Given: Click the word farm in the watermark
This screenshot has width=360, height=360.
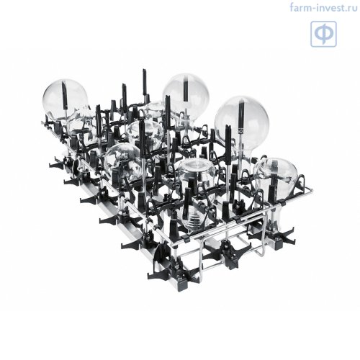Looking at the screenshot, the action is click(x=300, y=7).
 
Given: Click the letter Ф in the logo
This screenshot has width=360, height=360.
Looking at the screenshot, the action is click(x=323, y=34).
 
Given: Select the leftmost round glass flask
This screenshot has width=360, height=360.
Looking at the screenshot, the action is click(x=65, y=98).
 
